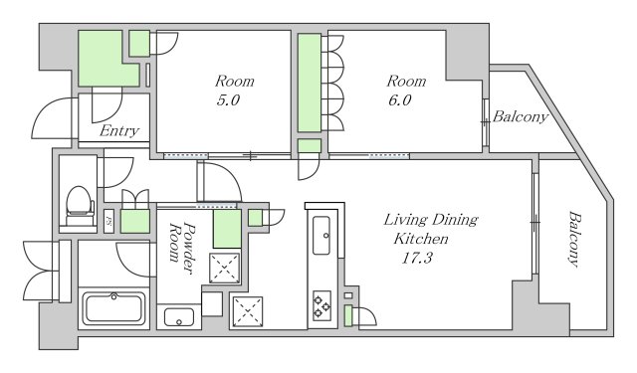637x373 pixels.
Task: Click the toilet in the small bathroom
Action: tap(80, 205)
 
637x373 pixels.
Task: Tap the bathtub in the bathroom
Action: tap(113, 307)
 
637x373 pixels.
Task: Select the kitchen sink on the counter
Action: tap(321, 236)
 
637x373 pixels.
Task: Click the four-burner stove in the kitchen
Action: tap(321, 305)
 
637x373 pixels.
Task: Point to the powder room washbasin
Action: tap(179, 317)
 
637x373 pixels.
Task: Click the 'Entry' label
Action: tap(119, 131)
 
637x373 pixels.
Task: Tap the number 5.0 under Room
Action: tap(228, 99)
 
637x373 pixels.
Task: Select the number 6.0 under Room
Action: tap(400, 99)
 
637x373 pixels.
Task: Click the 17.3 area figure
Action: tap(417, 258)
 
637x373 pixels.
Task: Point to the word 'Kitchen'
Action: tap(421, 239)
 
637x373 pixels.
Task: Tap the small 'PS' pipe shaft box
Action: tap(108, 221)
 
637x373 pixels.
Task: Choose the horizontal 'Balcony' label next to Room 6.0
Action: tap(521, 117)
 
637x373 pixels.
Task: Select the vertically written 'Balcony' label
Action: tap(573, 239)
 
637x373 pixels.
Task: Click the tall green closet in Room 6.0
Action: tap(310, 83)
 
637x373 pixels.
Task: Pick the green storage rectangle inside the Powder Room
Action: tap(227, 229)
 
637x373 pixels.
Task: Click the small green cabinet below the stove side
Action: tap(348, 315)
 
